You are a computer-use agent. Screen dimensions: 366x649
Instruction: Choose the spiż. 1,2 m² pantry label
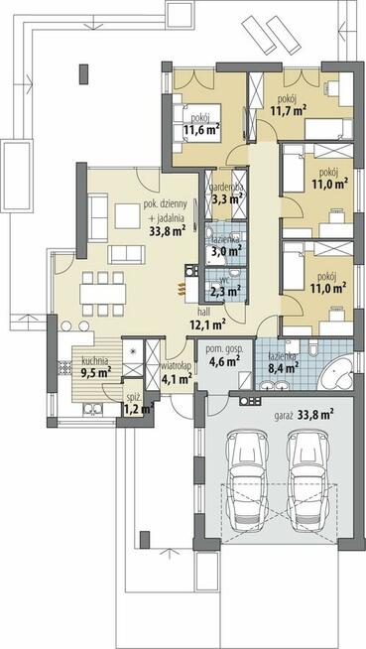[x=139, y=405]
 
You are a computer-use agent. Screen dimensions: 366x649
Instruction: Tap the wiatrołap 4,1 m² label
[x=176, y=371]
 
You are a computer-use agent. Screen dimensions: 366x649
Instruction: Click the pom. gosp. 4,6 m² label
[x=224, y=355]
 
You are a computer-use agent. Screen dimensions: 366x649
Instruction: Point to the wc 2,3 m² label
[x=225, y=287]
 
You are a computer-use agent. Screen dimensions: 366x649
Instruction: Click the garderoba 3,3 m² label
[x=226, y=195]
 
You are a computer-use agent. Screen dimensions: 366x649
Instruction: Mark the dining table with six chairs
[x=103, y=294]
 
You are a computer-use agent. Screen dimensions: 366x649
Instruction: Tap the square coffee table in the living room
[x=127, y=215]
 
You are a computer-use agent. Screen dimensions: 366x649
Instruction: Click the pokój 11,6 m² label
[x=201, y=124]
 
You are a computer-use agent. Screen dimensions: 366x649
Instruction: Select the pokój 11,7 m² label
[x=288, y=105]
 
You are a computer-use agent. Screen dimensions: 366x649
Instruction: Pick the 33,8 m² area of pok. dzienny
[x=167, y=230]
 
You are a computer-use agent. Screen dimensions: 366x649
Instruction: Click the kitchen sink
[x=94, y=409]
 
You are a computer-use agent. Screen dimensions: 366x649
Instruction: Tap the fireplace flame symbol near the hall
[x=181, y=289]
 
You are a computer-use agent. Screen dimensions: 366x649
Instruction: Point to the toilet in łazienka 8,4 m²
[x=313, y=347]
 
